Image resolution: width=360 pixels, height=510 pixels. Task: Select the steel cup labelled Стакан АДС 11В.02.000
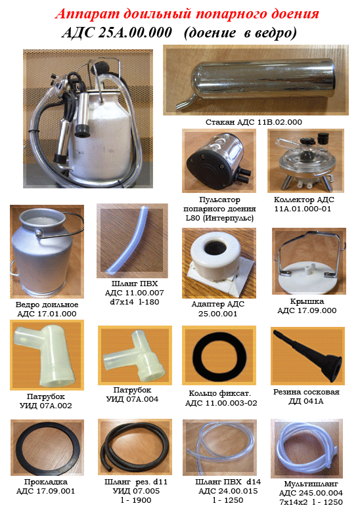tap(256, 81)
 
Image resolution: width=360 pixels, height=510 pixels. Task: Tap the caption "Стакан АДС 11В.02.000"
tap(254, 122)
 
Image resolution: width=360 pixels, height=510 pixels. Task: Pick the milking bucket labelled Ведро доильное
tap(45, 251)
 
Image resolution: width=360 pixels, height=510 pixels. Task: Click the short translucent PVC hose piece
tap(128, 241)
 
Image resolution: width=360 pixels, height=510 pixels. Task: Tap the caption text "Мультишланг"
tap(311, 484)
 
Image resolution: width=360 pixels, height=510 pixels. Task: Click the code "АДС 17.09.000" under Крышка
tap(307, 310)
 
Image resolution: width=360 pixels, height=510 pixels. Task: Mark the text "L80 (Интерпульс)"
tap(219, 218)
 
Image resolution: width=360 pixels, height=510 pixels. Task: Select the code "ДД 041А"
tap(306, 401)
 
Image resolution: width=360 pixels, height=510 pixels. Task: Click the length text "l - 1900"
tap(136, 500)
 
